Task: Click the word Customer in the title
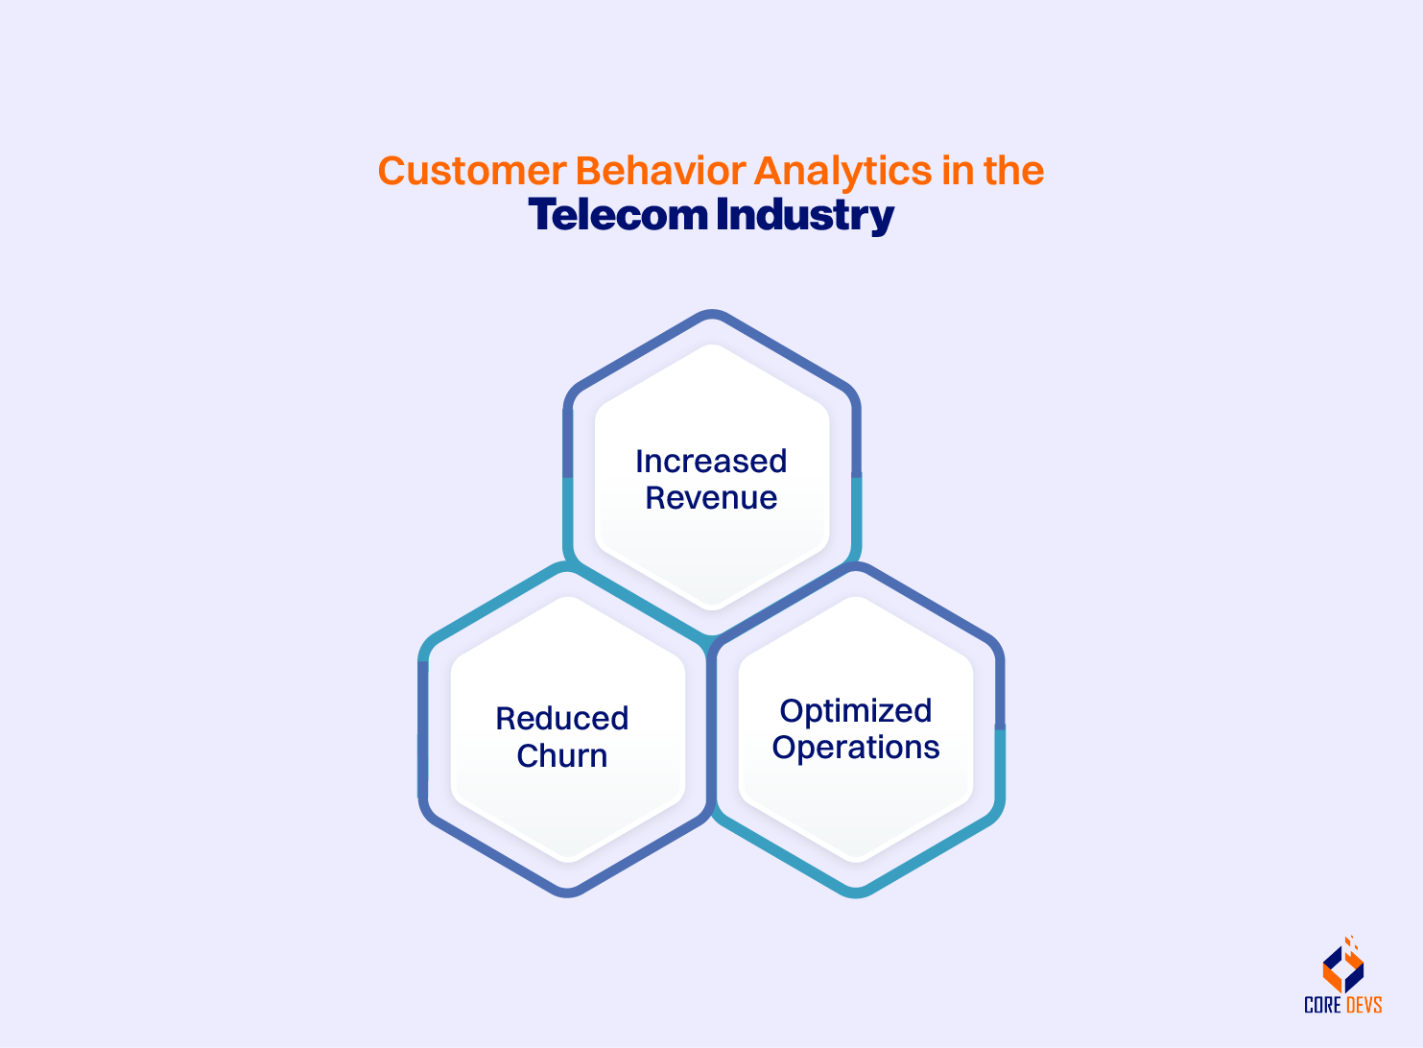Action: [x=472, y=172]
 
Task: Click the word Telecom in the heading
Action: [x=618, y=215]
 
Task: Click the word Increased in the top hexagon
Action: [x=711, y=462]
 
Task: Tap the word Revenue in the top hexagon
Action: [x=711, y=498]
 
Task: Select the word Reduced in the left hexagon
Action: [x=562, y=719]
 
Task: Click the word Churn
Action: [x=562, y=756]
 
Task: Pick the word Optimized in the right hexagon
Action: [x=856, y=711]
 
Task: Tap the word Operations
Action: [x=856, y=748]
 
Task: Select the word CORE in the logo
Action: [x=1322, y=1006]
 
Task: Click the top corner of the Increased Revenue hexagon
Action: [x=712, y=315]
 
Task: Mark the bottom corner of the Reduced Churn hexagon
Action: [x=568, y=893]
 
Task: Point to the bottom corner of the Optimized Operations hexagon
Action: [x=856, y=893]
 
